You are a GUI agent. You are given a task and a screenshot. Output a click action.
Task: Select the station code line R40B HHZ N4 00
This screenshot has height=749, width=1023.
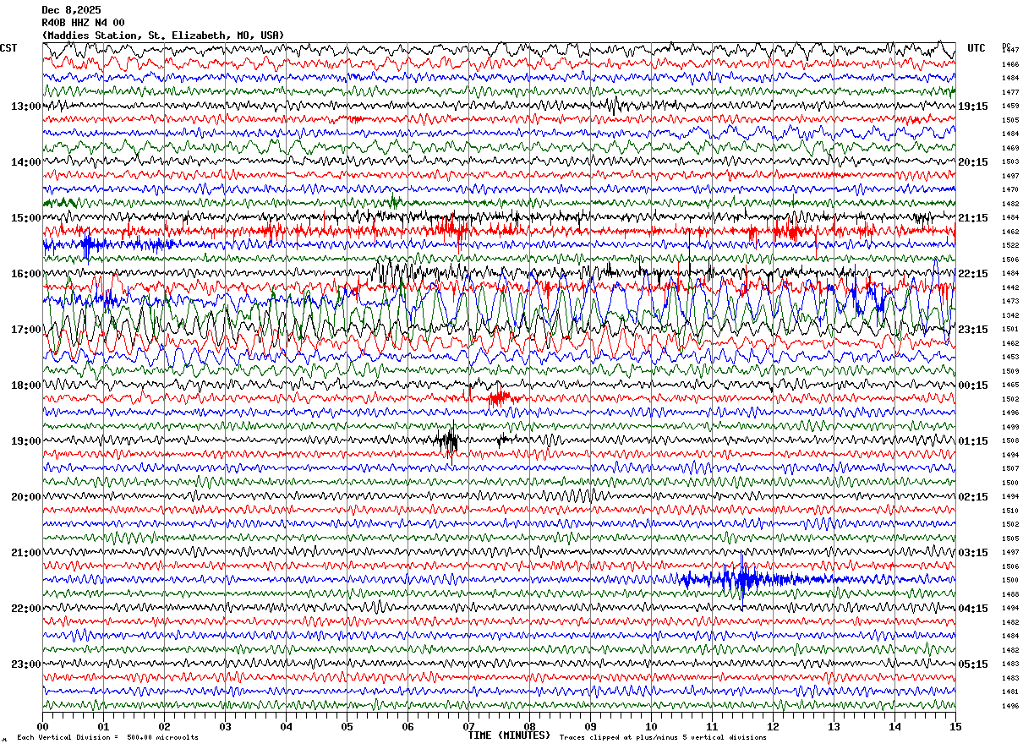click(83, 23)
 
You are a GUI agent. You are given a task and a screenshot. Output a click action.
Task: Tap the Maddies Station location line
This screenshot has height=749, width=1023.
click(163, 36)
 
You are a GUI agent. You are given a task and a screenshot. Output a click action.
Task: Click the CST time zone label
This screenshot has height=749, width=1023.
click(8, 48)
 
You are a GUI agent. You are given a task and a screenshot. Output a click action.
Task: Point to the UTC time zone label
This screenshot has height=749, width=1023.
click(976, 48)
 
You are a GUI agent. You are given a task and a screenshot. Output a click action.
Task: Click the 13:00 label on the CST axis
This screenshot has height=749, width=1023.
click(25, 107)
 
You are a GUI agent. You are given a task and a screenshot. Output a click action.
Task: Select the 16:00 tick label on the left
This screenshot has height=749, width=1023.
click(25, 274)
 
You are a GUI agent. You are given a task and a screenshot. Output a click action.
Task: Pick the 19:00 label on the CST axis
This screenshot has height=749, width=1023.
click(25, 441)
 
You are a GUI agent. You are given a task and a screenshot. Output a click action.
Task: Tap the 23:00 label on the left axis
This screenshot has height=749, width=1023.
click(25, 664)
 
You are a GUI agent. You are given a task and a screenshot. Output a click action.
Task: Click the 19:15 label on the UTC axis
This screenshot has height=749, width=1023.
click(973, 107)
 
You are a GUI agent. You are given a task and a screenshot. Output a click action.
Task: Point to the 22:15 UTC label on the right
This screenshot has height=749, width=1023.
click(973, 274)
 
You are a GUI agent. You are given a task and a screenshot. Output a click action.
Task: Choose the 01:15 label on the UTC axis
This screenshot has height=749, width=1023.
click(973, 441)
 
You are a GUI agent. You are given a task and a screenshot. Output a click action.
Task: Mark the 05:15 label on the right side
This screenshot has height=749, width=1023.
click(973, 664)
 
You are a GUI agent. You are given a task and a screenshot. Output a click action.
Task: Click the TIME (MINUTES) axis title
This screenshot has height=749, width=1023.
click(509, 735)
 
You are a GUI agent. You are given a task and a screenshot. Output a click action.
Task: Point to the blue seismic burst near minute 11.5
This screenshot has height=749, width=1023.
click(742, 580)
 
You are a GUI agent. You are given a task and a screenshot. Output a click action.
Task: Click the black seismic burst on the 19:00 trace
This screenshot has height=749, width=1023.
click(449, 440)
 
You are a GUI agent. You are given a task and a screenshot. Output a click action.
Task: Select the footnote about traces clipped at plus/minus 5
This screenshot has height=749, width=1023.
click(663, 738)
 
